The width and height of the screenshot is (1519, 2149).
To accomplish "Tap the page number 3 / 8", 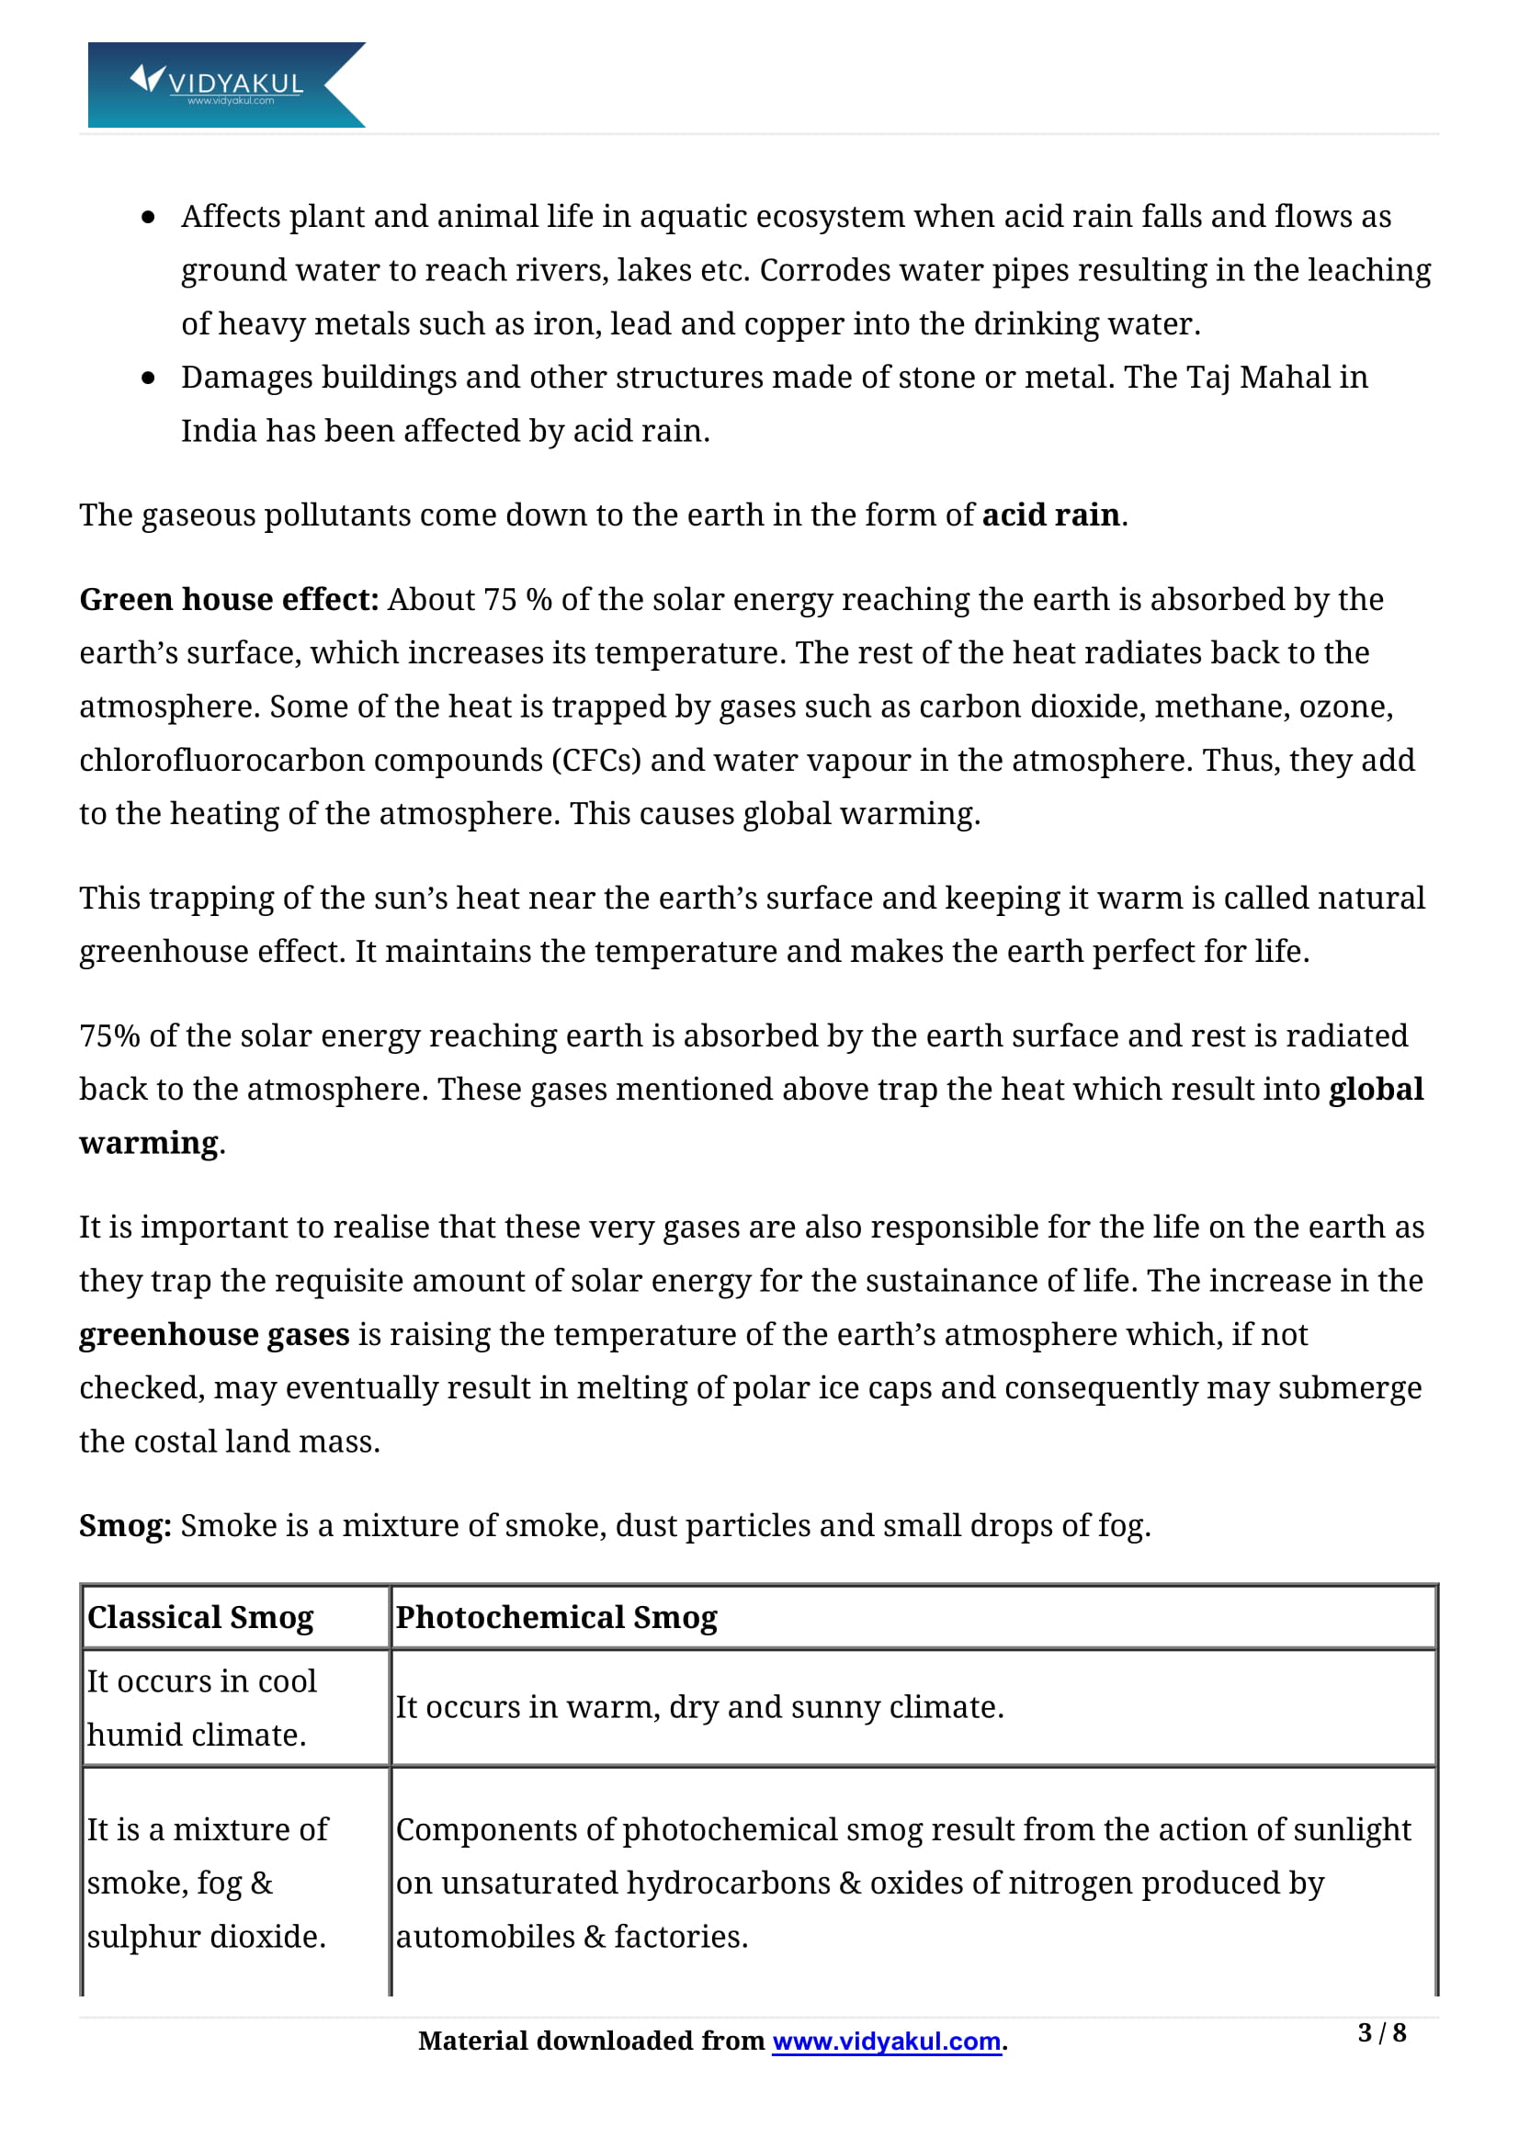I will pyautogui.click(x=1380, y=2032).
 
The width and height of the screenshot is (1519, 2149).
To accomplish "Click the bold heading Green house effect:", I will pyautogui.click(x=229, y=599).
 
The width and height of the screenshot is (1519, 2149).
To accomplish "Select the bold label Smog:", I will pyautogui.click(x=124, y=1525).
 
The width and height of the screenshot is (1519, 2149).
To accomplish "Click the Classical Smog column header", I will pyautogui.click(x=200, y=1616).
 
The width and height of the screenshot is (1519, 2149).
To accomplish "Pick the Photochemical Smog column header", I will pyautogui.click(x=556, y=1616).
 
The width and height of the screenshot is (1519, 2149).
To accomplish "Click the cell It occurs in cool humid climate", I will pyautogui.click(x=201, y=1707).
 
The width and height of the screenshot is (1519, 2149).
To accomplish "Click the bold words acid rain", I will pyautogui.click(x=1050, y=515).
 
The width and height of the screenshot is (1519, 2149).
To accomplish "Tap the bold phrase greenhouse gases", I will pyautogui.click(x=214, y=1334).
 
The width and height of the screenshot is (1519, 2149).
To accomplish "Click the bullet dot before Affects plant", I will pyautogui.click(x=148, y=218).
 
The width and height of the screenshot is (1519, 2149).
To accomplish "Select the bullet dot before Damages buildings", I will pyautogui.click(x=148, y=379).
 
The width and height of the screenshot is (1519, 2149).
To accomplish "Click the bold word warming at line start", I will pyautogui.click(x=149, y=1143).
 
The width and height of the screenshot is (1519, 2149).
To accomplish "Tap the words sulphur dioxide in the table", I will pyautogui.click(x=205, y=1936).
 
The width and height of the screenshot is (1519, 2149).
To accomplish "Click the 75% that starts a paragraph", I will pyautogui.click(x=108, y=1036).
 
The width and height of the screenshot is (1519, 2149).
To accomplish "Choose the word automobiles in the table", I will pyautogui.click(x=485, y=1936).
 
